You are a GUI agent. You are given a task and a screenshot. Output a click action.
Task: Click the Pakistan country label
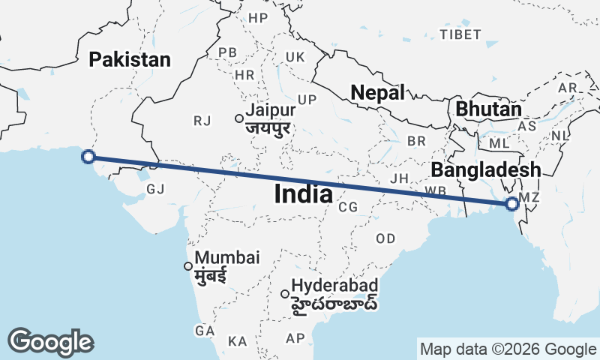[x=130, y=60]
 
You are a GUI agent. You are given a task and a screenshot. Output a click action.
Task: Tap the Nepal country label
[x=378, y=92]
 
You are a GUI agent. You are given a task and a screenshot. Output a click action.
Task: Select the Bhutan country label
[x=488, y=109]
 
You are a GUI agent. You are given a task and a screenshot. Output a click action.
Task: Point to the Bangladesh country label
[x=486, y=169]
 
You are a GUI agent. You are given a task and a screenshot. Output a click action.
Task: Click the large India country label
[x=304, y=194]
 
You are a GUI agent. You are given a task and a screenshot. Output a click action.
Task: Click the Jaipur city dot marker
[x=238, y=118]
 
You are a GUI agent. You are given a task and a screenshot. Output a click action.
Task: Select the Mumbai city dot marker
[x=188, y=265]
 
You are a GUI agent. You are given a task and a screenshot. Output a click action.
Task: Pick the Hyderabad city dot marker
[x=285, y=293]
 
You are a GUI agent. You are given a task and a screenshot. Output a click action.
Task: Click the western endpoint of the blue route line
[x=88, y=156]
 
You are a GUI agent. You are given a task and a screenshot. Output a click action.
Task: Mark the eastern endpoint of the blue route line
[x=512, y=203]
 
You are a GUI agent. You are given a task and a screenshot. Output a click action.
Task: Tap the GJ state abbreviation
[x=155, y=189]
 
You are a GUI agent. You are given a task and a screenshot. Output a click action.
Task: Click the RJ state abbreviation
[x=202, y=120]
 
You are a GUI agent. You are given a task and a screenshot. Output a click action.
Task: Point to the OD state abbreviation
[x=385, y=238]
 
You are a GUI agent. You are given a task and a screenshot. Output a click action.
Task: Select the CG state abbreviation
[x=347, y=207]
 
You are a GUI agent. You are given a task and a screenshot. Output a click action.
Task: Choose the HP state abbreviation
[x=258, y=18]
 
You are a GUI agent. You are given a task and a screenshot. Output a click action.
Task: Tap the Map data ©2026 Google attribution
[x=508, y=349]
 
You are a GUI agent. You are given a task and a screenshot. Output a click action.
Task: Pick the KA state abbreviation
[x=238, y=341]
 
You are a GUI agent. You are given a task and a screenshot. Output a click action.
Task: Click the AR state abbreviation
[x=567, y=88]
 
